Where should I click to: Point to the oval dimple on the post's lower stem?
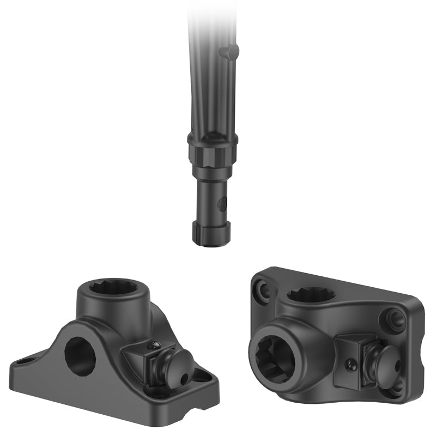[x=220, y=204]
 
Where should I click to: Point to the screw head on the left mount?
[x=155, y=344]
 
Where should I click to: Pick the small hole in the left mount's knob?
[x=183, y=376]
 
